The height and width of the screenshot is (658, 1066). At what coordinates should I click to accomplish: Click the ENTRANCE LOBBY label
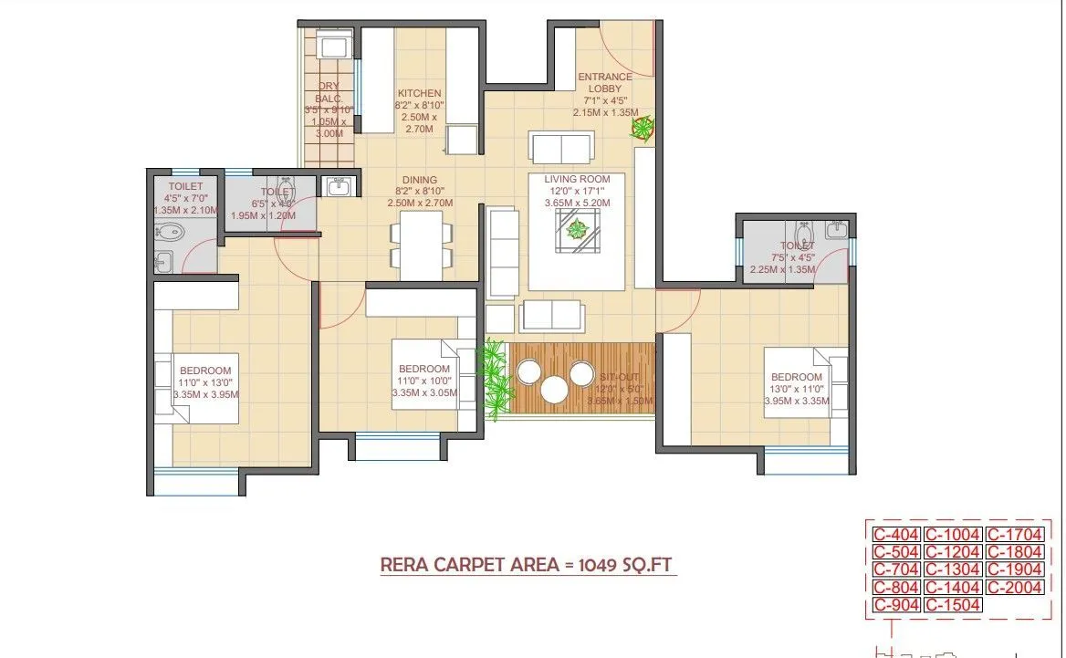603,83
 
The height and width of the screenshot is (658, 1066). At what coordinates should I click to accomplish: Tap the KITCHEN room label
419,93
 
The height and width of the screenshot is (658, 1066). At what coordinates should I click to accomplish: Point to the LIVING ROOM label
577,180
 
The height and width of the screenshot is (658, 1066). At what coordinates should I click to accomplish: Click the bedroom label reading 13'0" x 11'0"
796,389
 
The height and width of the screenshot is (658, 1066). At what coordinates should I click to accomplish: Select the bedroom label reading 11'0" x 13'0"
205,384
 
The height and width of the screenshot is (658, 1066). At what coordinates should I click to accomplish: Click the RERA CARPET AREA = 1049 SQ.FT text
528,565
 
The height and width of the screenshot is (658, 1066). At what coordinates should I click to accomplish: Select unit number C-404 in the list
895,535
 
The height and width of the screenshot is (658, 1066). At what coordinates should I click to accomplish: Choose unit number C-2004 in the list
1014,588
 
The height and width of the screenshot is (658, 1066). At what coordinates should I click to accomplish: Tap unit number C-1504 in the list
952,605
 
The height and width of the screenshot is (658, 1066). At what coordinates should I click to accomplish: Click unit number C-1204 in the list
952,552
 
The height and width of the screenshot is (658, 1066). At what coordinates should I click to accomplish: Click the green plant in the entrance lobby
643,128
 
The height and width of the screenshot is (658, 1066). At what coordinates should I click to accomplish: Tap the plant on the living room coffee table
576,229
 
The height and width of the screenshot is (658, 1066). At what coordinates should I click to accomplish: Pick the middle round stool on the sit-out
554,390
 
